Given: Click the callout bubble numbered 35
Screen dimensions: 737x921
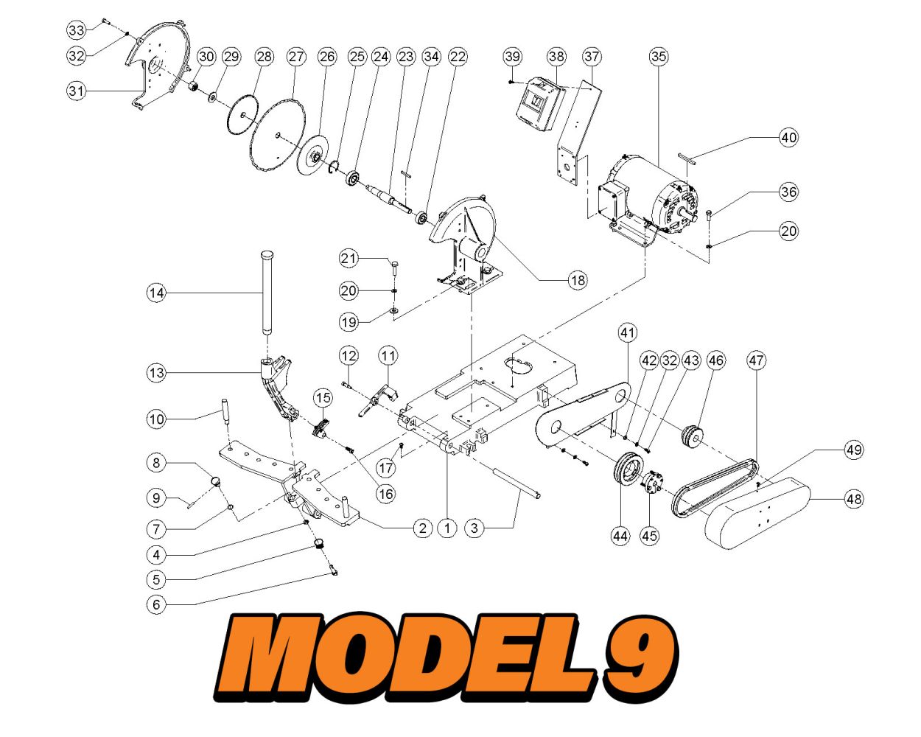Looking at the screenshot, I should click(659, 56).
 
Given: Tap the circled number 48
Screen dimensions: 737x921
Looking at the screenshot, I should click(853, 499).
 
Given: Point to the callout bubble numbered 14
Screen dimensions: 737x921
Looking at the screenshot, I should click(156, 293).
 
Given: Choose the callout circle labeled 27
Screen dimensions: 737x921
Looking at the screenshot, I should click(296, 57).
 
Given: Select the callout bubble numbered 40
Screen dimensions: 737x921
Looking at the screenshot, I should click(788, 137).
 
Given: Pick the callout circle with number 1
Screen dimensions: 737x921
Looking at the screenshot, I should click(447, 528).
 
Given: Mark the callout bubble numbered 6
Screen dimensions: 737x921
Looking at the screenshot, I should click(156, 604).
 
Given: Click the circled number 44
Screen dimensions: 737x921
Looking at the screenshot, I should click(620, 536).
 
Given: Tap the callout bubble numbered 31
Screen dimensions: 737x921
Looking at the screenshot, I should click(77, 91).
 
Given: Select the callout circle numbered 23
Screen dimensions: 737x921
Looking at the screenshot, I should click(406, 57).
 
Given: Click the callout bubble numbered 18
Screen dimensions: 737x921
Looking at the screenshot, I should click(578, 280).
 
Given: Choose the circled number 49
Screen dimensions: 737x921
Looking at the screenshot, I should click(853, 450).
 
